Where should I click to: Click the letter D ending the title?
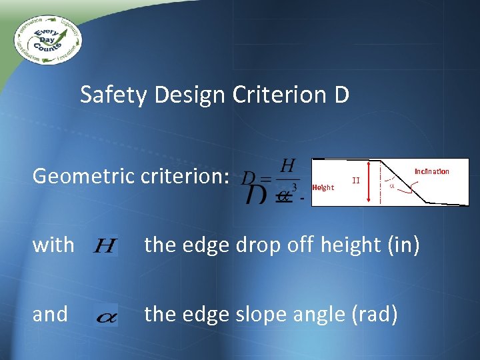pos(339,95)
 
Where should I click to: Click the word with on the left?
pos(53,245)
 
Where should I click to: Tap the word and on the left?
pos(50,314)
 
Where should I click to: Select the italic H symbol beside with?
pos(105,247)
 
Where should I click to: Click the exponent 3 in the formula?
pos(293,187)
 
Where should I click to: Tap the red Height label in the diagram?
pos(323,187)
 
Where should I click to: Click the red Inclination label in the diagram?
pos(432,171)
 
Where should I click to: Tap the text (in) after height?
pos(403,245)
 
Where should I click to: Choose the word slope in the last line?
pos(264,314)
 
